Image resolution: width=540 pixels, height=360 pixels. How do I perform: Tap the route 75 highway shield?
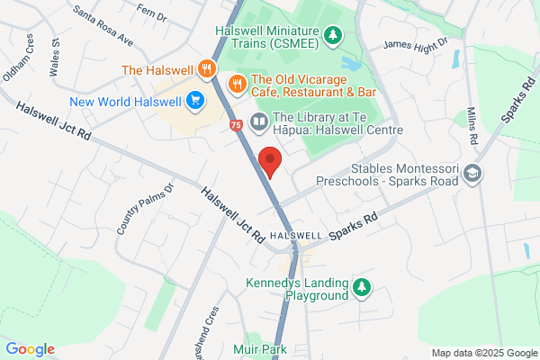236,125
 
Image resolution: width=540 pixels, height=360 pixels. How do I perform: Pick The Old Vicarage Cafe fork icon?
238,83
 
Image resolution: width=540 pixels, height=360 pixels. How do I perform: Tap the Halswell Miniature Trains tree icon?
334,35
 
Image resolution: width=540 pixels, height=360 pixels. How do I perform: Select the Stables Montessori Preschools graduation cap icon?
474,174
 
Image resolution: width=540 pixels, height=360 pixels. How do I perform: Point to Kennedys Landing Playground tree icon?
362,288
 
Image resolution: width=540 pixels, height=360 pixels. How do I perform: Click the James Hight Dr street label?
415,44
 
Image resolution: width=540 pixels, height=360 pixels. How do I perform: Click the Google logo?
31,349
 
